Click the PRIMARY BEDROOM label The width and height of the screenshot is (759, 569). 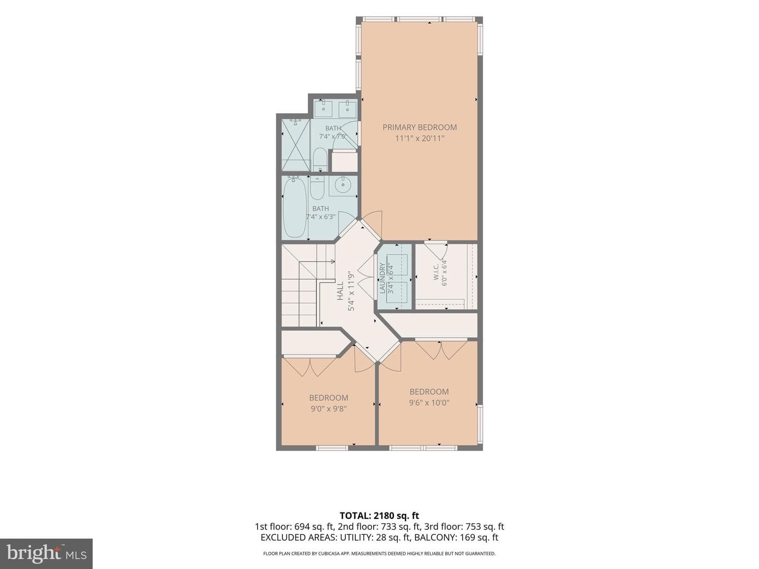[x=420, y=127]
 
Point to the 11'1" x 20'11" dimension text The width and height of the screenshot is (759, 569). [x=420, y=139]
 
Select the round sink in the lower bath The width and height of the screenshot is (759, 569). [x=343, y=187]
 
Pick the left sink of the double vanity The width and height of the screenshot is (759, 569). [x=323, y=109]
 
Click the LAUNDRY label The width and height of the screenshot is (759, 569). [x=383, y=278]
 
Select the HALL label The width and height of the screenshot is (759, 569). [x=340, y=291]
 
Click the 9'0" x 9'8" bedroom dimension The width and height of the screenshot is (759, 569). [x=328, y=409]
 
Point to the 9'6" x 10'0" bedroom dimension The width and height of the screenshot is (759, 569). [x=429, y=403]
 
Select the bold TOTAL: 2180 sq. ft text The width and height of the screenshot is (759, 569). [x=379, y=516]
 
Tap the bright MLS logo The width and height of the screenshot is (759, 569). [x=46, y=553]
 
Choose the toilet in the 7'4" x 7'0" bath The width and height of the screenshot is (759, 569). [x=320, y=160]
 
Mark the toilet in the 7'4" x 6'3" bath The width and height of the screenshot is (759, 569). [x=317, y=188]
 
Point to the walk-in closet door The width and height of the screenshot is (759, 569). [x=436, y=249]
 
